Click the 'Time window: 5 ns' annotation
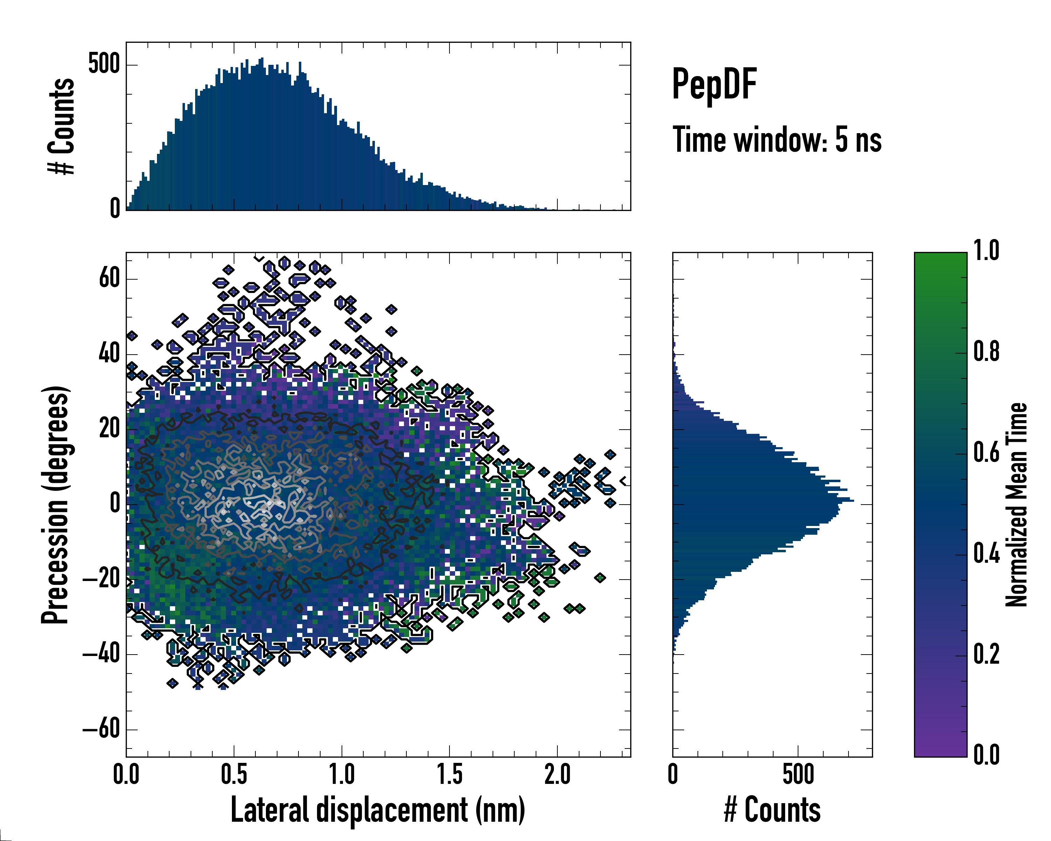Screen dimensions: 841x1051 pyautogui.click(x=777, y=140)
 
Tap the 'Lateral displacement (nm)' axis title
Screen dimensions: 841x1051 pyautogui.click(x=378, y=810)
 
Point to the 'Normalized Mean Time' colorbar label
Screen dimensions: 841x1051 pyautogui.click(x=1017, y=504)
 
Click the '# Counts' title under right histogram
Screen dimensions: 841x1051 pyautogui.click(x=772, y=810)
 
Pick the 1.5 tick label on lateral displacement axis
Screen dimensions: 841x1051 pyautogui.click(x=449, y=775)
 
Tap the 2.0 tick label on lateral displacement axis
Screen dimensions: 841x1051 pyautogui.click(x=557, y=775)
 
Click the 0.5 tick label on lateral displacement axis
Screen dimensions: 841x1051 pyautogui.click(x=234, y=775)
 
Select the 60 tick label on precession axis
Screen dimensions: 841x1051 pyautogui.click(x=109, y=279)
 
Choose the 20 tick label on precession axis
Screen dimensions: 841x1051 pyautogui.click(x=109, y=429)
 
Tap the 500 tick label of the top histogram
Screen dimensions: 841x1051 pyautogui.click(x=104, y=64)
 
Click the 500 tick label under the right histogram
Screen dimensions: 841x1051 pyautogui.click(x=798, y=775)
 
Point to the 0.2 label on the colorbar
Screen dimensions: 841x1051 pyautogui.click(x=986, y=654)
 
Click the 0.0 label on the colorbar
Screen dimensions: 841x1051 pyautogui.click(x=986, y=755)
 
